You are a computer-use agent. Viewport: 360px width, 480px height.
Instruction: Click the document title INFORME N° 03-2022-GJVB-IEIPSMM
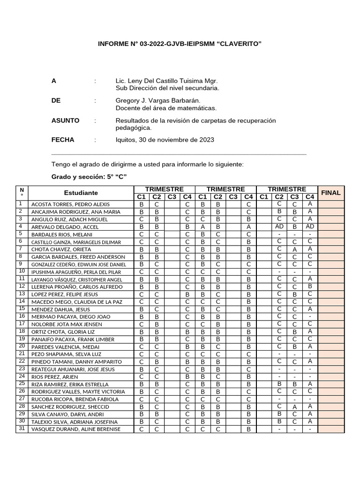click(180, 44)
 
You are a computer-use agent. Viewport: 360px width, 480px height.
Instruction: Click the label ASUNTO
click(65, 120)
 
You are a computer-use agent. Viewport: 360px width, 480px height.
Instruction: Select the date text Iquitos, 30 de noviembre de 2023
click(165, 140)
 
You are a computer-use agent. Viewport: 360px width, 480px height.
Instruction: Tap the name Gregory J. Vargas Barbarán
click(158, 101)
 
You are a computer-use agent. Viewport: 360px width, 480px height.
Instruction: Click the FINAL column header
click(330, 193)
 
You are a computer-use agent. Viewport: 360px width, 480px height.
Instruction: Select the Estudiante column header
click(81, 193)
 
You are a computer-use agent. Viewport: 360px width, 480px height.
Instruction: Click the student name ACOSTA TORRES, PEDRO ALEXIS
click(70, 204)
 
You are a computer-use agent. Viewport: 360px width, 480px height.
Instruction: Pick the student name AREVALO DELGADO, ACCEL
click(65, 227)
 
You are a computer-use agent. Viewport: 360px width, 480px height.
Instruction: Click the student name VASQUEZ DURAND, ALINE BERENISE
click(75, 429)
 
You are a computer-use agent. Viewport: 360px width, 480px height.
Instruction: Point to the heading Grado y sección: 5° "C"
click(89, 176)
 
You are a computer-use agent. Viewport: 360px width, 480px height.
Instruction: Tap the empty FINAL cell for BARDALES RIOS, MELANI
click(330, 234)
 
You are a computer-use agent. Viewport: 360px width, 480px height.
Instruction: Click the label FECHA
click(63, 140)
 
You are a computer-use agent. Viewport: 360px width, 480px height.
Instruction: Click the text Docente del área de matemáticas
click(166, 108)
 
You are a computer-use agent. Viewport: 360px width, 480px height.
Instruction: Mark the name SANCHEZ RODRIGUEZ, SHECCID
click(70, 407)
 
